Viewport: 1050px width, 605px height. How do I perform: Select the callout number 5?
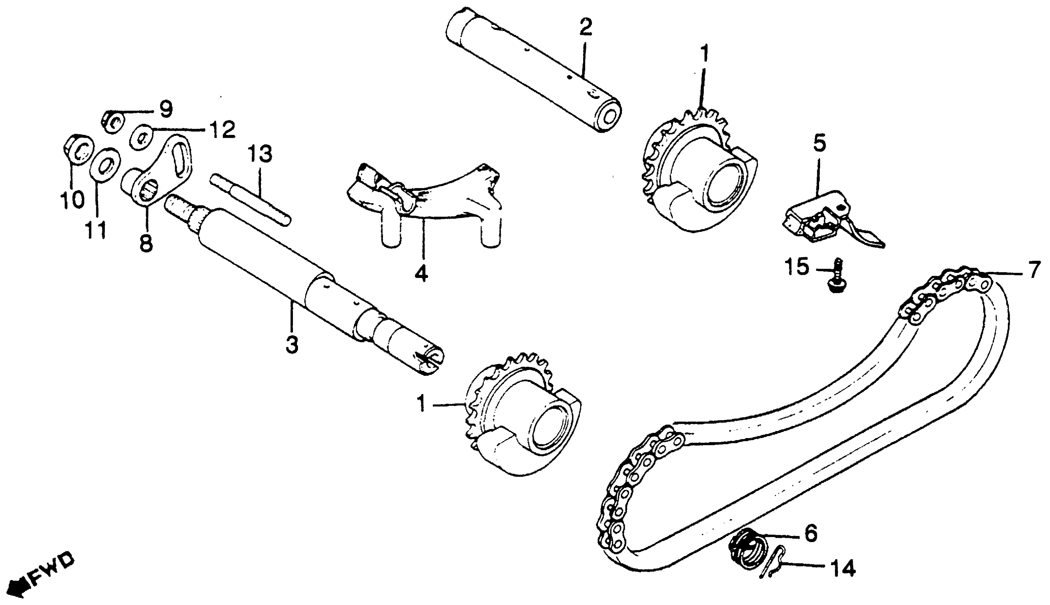(819, 143)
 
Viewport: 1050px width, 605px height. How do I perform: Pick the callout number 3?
(292, 344)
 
